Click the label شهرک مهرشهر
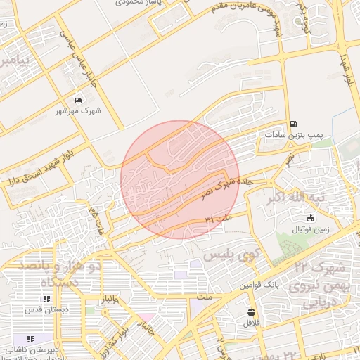point(78,111)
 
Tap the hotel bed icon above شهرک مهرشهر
point(78,99)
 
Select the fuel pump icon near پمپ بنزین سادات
point(292,122)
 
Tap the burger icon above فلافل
point(251,311)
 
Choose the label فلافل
point(251,323)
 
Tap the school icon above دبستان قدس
point(46,300)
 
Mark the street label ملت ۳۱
point(219,220)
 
